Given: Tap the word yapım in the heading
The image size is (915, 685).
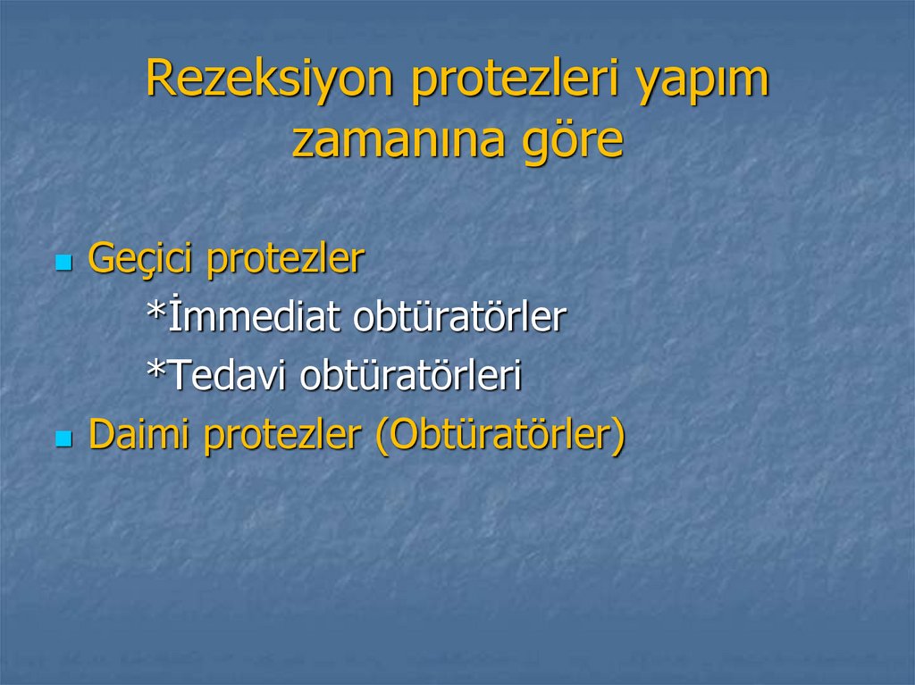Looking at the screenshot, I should click(x=701, y=80).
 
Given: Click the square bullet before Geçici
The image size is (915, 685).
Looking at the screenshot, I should click(x=63, y=263).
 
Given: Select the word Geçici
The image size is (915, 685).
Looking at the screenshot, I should click(x=141, y=260).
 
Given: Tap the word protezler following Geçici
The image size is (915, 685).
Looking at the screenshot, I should click(x=285, y=260).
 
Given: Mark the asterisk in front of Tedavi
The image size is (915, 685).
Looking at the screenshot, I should click(x=156, y=372).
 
